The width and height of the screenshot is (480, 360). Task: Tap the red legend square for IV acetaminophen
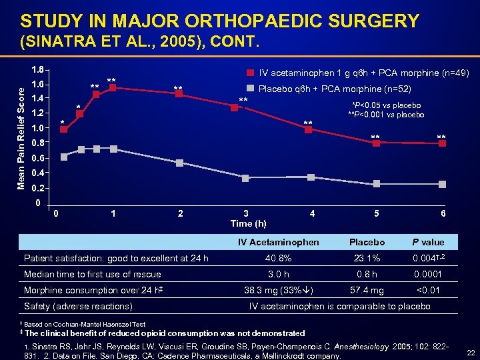(251, 72)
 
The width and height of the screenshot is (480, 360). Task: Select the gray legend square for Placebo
(251, 88)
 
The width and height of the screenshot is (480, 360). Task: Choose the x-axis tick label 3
(246, 213)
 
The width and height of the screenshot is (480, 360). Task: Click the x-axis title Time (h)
(248, 223)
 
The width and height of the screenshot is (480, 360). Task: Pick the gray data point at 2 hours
(179, 163)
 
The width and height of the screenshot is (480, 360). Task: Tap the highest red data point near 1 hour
(113, 87)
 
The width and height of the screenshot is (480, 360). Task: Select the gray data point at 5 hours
(377, 183)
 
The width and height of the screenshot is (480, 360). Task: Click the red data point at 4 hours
(309, 129)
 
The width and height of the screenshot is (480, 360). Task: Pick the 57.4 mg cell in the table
(367, 291)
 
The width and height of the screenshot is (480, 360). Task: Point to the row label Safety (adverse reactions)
(77, 307)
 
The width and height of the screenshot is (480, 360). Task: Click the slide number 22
(469, 352)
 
